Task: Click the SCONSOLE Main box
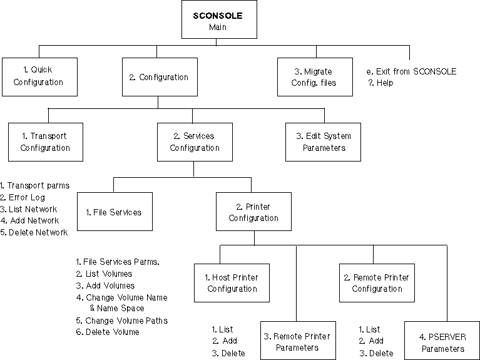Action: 217,21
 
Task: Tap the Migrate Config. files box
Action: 319,76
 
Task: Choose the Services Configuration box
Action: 194,142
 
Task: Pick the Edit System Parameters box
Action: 324,142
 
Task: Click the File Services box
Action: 114,212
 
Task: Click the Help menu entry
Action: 381,83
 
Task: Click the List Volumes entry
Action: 104,274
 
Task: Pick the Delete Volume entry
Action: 107,332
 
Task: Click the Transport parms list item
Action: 34,185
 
